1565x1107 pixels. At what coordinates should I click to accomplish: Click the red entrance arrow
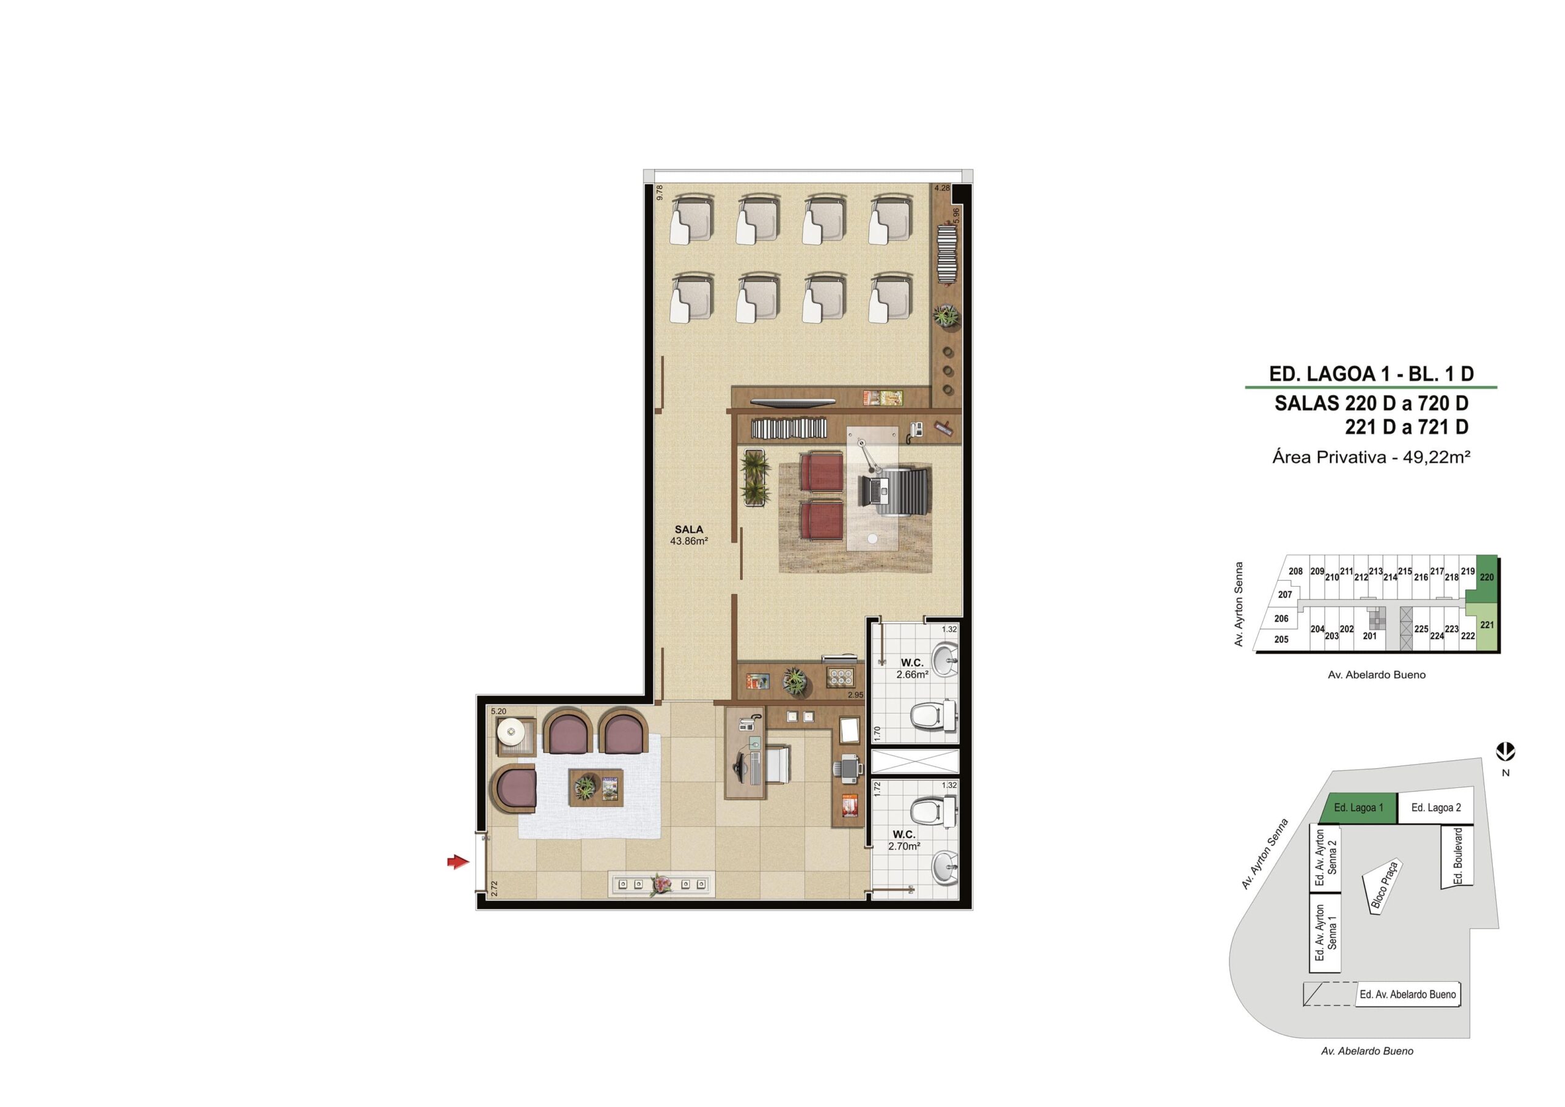(458, 862)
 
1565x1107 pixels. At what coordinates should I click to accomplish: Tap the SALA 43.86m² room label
(689, 535)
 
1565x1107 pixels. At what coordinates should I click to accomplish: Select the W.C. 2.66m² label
(912, 669)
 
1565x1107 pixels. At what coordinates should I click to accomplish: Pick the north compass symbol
(1506, 752)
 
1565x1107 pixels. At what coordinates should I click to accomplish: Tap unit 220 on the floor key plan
(1487, 578)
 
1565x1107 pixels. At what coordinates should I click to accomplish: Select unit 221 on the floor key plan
(1487, 626)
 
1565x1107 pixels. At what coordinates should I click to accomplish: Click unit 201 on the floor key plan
(1369, 636)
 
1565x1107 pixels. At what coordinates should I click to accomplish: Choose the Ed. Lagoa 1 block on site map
(1358, 807)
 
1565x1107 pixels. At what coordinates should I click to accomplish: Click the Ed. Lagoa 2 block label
(1436, 807)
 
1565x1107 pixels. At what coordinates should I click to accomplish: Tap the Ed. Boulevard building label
(1458, 856)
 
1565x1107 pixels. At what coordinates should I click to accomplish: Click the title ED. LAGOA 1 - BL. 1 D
(1371, 373)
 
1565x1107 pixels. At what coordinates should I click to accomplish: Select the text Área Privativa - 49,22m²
(1371, 457)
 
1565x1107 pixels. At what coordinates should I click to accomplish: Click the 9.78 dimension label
(659, 193)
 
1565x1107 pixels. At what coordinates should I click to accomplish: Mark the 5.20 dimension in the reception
(498, 712)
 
